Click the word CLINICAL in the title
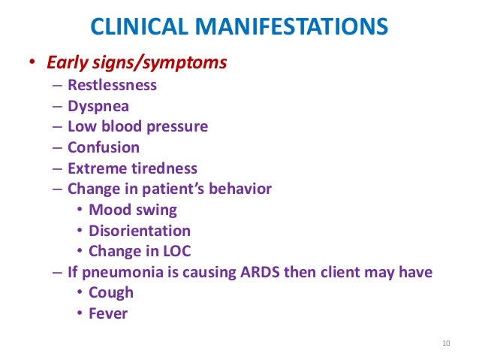coord(136,29)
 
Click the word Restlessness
coord(112,85)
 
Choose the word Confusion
coord(104,147)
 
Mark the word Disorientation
coord(140,231)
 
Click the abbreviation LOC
coord(187,251)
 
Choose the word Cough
coord(111,293)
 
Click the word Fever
coord(108,313)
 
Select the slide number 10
coord(445,344)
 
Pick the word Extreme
coord(95,168)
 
